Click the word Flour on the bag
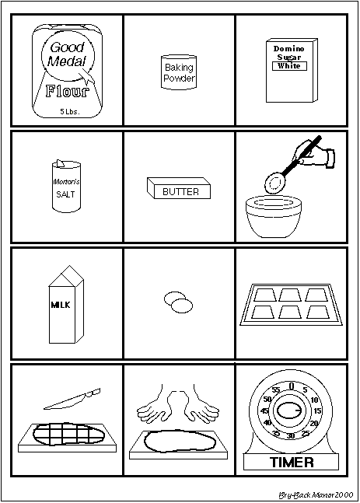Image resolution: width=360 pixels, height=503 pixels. [x=67, y=91]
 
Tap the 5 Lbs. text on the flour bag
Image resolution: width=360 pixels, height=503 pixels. [x=70, y=112]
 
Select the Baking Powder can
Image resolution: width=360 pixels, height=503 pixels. [x=179, y=72]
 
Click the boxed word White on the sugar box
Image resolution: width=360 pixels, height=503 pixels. [x=289, y=66]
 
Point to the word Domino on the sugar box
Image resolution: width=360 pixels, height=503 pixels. [x=288, y=49]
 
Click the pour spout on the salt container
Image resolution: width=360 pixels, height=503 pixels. [x=61, y=163]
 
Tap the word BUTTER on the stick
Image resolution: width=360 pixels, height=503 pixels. [x=180, y=192]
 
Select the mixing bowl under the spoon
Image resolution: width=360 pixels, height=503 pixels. [x=274, y=217]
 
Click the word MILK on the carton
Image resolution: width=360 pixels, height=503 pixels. [x=61, y=305]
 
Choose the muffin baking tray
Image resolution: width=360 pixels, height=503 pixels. [x=292, y=305]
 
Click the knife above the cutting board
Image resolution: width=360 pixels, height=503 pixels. [x=72, y=400]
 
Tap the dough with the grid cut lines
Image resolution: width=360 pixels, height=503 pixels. [x=69, y=434]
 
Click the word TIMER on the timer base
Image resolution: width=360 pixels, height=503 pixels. [x=292, y=463]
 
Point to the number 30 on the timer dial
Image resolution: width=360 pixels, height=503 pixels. [x=290, y=435]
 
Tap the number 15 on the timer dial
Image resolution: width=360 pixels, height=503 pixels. [x=317, y=411]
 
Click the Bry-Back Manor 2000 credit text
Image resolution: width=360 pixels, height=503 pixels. [x=316, y=495]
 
